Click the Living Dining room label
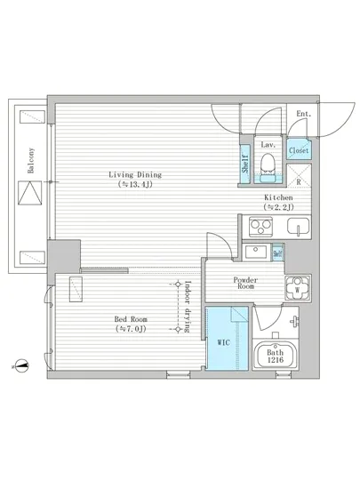[x=135, y=174]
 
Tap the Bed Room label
[x=131, y=319]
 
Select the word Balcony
[x=31, y=161]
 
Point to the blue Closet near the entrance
[x=299, y=150]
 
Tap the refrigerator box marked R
[x=299, y=176]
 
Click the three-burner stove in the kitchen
[x=260, y=227]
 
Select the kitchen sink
[x=299, y=226]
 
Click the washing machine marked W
[x=298, y=288]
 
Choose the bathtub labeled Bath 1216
[x=276, y=356]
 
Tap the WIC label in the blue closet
[x=223, y=342]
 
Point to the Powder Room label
[x=245, y=283]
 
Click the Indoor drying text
[x=188, y=307]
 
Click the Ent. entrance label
[x=304, y=114]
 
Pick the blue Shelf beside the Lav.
[x=245, y=164]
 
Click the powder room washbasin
[x=257, y=252]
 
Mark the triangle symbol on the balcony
[x=30, y=193]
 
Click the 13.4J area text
[x=135, y=184]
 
